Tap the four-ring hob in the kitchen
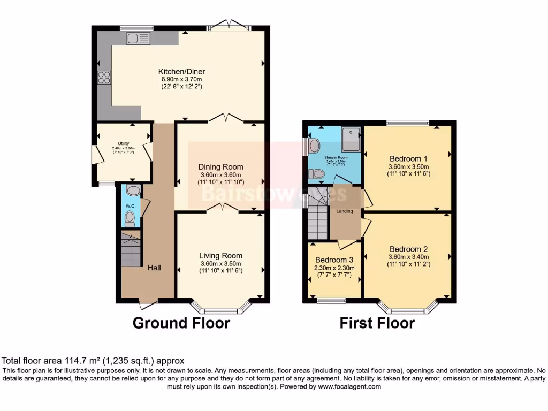(104, 78)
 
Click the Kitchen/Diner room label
(181, 72)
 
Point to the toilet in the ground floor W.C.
(129, 217)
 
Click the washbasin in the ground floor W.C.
(133, 191)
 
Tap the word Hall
(154, 267)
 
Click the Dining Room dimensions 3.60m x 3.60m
(221, 175)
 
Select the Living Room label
(221, 256)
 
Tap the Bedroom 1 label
(408, 158)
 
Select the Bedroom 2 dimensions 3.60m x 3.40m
(409, 257)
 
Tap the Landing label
(345, 211)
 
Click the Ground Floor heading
(181, 323)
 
